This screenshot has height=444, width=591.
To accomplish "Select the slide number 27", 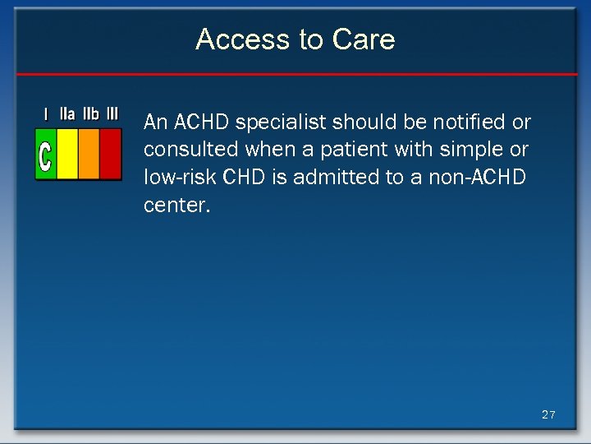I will pos(548,414).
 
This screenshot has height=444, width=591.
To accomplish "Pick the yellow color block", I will pos(67,153).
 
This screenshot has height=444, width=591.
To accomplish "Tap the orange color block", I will pos(89,153).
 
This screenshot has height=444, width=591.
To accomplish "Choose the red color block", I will pos(110,153).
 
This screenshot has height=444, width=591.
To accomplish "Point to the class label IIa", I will pos(67,114).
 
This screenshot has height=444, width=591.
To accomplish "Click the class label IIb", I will pos(90,114).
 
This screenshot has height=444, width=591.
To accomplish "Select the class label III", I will pos(112,114).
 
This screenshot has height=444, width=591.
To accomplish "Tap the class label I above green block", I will pos(46,114).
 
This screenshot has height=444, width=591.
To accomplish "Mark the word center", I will pos(176,206).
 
